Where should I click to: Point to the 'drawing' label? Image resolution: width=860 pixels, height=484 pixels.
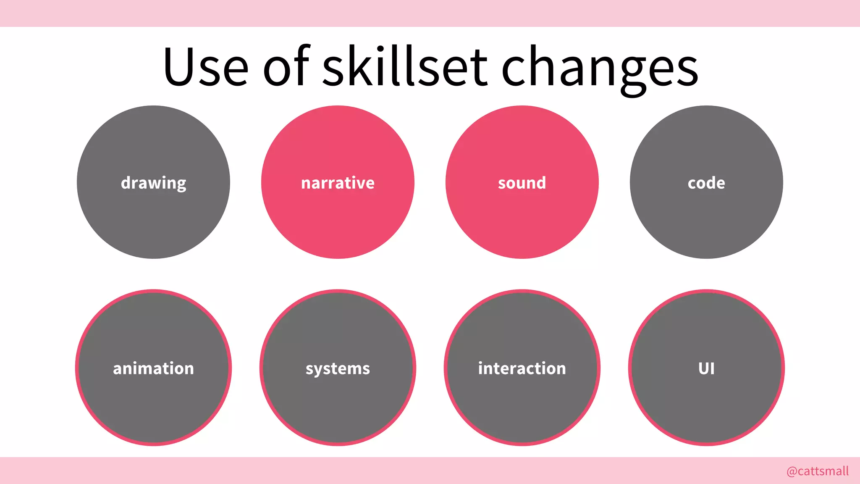(x=153, y=183)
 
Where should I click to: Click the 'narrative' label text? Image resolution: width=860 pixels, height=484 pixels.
(x=338, y=183)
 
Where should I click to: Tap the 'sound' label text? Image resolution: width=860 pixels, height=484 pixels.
(x=522, y=183)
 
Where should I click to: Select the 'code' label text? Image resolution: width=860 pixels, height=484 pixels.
(x=706, y=183)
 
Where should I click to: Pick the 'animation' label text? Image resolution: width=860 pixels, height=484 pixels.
(x=153, y=368)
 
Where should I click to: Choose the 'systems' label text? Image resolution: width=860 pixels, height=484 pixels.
(x=338, y=369)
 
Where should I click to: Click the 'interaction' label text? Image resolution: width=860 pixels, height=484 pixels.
(x=522, y=368)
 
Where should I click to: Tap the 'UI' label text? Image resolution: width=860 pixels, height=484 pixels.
(x=706, y=368)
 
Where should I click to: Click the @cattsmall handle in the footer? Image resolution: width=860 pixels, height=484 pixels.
(x=818, y=471)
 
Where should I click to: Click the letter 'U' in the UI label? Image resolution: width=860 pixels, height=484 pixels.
(x=703, y=368)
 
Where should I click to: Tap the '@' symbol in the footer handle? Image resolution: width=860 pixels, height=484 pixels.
(x=792, y=471)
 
